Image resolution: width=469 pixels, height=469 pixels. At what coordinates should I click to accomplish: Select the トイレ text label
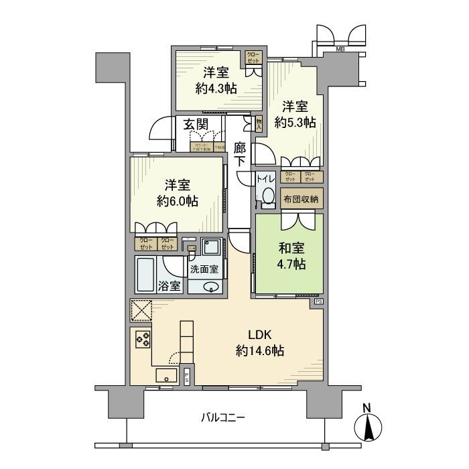coord(266,179)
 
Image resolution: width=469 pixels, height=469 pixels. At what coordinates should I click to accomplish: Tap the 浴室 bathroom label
coord(169,286)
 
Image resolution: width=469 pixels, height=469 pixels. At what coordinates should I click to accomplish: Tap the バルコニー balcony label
coord(222,418)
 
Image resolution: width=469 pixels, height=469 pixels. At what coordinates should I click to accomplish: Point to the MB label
coord(340,50)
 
